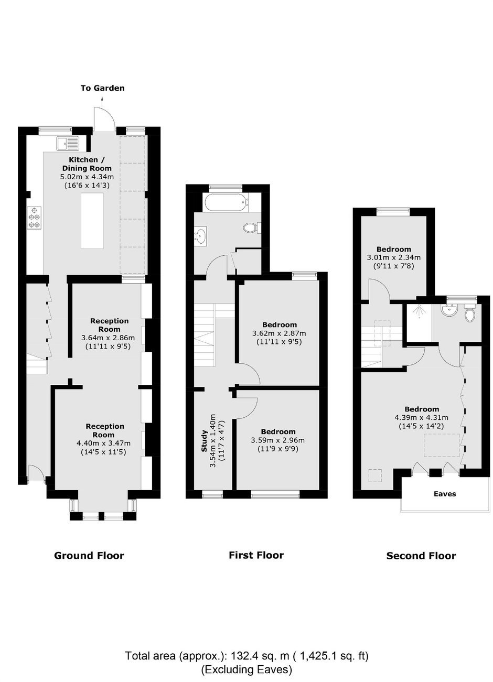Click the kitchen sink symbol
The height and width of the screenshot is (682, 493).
(x=67, y=144)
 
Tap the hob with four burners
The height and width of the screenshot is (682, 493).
(x=34, y=218)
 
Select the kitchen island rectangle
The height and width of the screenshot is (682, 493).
(x=92, y=221)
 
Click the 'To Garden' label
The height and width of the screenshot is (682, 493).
(x=102, y=88)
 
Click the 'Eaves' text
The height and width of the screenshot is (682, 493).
(x=445, y=494)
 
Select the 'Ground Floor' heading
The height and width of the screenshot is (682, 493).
(x=89, y=556)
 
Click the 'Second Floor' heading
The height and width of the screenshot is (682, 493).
(x=421, y=556)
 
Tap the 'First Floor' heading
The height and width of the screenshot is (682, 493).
(x=256, y=555)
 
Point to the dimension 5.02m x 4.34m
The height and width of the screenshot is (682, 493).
(x=87, y=177)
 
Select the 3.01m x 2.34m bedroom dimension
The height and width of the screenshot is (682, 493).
(x=394, y=257)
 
